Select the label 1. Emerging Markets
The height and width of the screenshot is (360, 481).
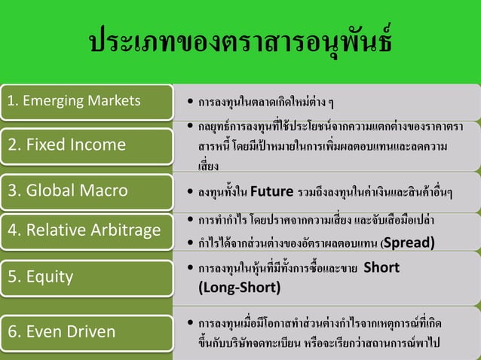pyautogui.click(x=73, y=100)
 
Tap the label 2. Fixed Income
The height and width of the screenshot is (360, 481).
pyautogui.click(x=67, y=144)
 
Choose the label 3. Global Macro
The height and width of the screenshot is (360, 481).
pyautogui.click(x=68, y=190)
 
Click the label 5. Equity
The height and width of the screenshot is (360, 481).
pyautogui.click(x=41, y=276)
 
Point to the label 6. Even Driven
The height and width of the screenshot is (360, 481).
pyautogui.click(x=61, y=331)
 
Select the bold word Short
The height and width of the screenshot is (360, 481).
pyautogui.click(x=381, y=267)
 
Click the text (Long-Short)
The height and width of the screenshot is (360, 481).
pyautogui.click(x=239, y=287)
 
